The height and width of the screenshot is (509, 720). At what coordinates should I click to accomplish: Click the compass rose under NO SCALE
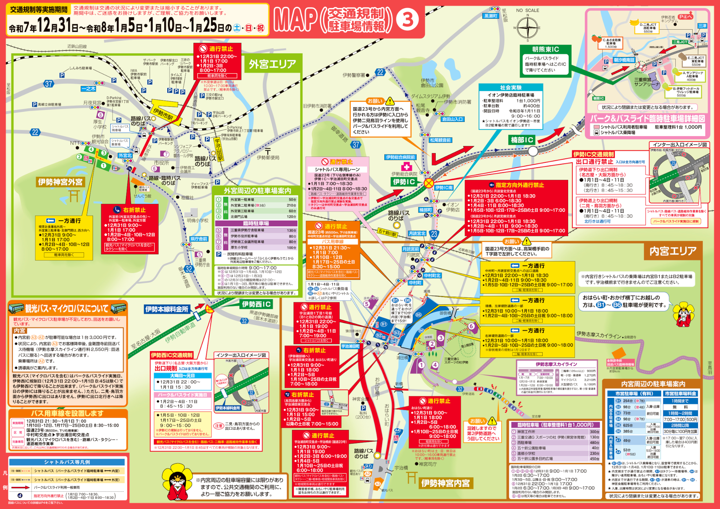click(528, 27)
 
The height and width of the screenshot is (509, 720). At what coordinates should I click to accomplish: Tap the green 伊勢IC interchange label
click(404, 182)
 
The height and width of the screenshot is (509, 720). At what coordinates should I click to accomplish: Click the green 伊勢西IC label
click(256, 304)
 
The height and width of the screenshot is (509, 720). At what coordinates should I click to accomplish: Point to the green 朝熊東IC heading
click(546, 50)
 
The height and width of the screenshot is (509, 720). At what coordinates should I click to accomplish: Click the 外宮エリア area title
click(273, 64)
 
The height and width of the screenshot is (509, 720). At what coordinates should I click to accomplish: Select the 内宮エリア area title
click(673, 251)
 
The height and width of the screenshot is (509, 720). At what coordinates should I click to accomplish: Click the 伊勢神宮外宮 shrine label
click(60, 182)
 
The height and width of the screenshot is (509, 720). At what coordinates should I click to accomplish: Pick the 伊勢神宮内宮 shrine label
click(445, 483)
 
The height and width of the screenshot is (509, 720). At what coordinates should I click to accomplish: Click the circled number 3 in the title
click(408, 20)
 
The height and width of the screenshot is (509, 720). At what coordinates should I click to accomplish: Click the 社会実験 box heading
click(511, 87)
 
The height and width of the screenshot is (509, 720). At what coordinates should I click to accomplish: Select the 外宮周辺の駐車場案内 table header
click(257, 191)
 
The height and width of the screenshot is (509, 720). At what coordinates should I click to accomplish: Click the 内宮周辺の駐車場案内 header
click(653, 384)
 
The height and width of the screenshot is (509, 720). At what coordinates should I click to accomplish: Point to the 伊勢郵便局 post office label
click(268, 158)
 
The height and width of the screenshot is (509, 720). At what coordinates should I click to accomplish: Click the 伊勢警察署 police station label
click(354, 75)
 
